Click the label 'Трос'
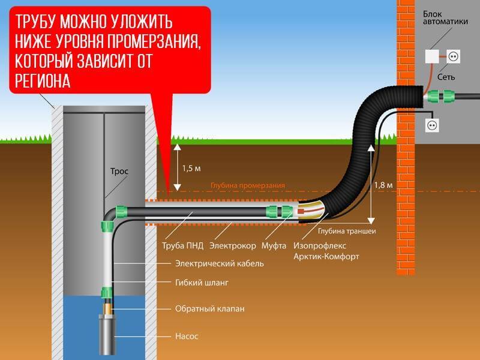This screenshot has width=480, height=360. click(120, 171)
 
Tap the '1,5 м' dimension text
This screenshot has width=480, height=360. click(191, 169)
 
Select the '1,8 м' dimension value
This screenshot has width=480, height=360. click(385, 185)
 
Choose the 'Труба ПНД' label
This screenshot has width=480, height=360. click(182, 245)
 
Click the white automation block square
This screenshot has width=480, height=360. click(432, 56)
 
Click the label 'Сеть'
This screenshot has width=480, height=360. click(446, 77)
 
